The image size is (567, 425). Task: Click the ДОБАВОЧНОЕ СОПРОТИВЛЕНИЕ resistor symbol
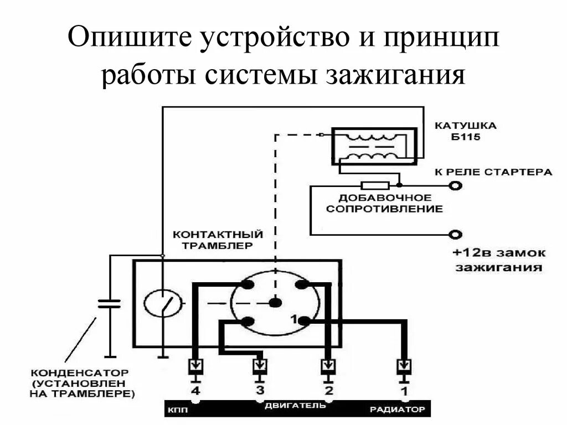(375, 185)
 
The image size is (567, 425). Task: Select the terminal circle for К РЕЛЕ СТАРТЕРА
(455, 186)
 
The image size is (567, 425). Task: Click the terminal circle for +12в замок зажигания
(455, 234)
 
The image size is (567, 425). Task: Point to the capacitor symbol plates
(109, 303)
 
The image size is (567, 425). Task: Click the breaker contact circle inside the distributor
(163, 303)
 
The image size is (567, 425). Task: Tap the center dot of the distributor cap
(275, 303)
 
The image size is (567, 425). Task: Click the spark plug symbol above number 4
(195, 366)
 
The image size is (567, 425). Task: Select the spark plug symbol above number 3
(259, 366)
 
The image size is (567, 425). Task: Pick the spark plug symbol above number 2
(328, 366)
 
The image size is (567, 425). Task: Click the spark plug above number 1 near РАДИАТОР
(405, 366)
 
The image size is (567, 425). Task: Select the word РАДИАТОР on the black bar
(397, 410)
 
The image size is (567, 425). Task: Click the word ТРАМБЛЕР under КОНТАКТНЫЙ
(210, 245)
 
